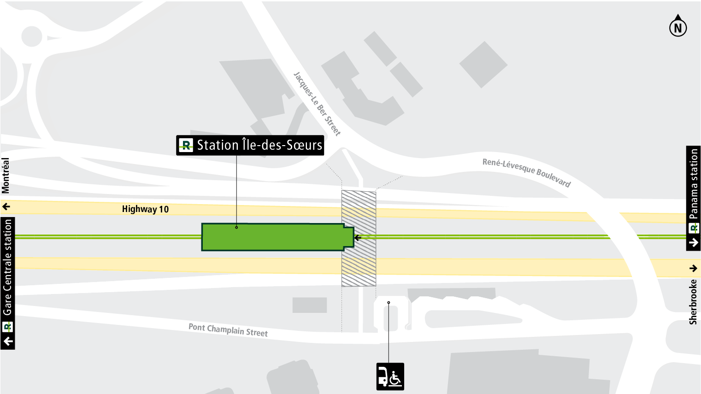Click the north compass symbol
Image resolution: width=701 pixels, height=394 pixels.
(677, 27)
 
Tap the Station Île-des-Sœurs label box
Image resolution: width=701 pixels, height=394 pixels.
(250, 145)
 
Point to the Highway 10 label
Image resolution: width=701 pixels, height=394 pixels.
(145, 209)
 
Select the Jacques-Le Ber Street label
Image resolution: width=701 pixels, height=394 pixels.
(317, 104)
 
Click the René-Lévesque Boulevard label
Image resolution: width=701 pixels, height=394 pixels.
(526, 172)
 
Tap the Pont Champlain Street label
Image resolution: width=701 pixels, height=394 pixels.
(228, 330)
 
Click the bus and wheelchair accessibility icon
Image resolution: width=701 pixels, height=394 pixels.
(390, 376)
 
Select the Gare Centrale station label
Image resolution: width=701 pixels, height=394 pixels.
(7, 267)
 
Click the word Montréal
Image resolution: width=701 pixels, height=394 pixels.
(6, 175)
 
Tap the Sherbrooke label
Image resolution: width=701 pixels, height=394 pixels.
(693, 302)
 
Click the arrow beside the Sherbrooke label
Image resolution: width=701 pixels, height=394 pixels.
(693, 268)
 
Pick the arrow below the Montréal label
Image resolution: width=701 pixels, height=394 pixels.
(6, 206)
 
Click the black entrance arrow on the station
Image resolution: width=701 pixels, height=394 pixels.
(357, 238)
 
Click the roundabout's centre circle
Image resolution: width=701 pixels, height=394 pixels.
(32, 36)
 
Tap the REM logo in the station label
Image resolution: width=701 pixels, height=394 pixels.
(186, 146)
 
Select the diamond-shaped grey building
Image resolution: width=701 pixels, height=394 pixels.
(483, 65)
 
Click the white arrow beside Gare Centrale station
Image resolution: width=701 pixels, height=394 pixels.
(8, 341)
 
